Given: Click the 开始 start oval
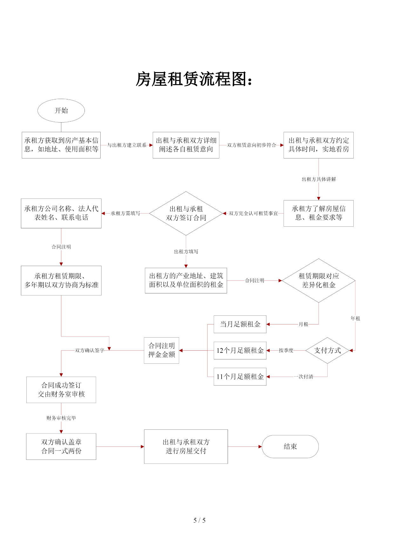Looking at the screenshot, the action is point(61,111).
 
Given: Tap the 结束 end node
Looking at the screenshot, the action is point(290,446).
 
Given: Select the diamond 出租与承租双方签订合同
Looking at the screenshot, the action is point(186,213).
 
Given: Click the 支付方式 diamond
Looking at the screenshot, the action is point(327,350).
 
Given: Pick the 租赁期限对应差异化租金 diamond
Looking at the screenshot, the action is point(318,281).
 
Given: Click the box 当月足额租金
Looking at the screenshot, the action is point(240,324).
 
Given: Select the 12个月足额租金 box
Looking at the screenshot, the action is point(240,351).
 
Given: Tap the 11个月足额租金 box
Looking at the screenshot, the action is point(240,377).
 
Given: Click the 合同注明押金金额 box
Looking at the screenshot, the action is point(162,350).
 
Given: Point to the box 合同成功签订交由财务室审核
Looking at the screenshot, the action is point(61,390).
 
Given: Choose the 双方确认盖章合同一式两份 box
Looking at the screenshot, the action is point(61,446).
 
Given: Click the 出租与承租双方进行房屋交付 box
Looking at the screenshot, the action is point(186,446).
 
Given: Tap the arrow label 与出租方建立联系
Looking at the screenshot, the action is point(127,145).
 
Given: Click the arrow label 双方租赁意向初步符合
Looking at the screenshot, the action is point(251,145).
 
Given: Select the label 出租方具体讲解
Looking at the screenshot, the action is point(319,179).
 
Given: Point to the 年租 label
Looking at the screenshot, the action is point(355,319).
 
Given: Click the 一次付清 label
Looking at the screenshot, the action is point(304,377).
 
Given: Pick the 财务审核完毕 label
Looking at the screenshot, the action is point(61,418).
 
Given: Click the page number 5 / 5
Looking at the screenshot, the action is point(199,520).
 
